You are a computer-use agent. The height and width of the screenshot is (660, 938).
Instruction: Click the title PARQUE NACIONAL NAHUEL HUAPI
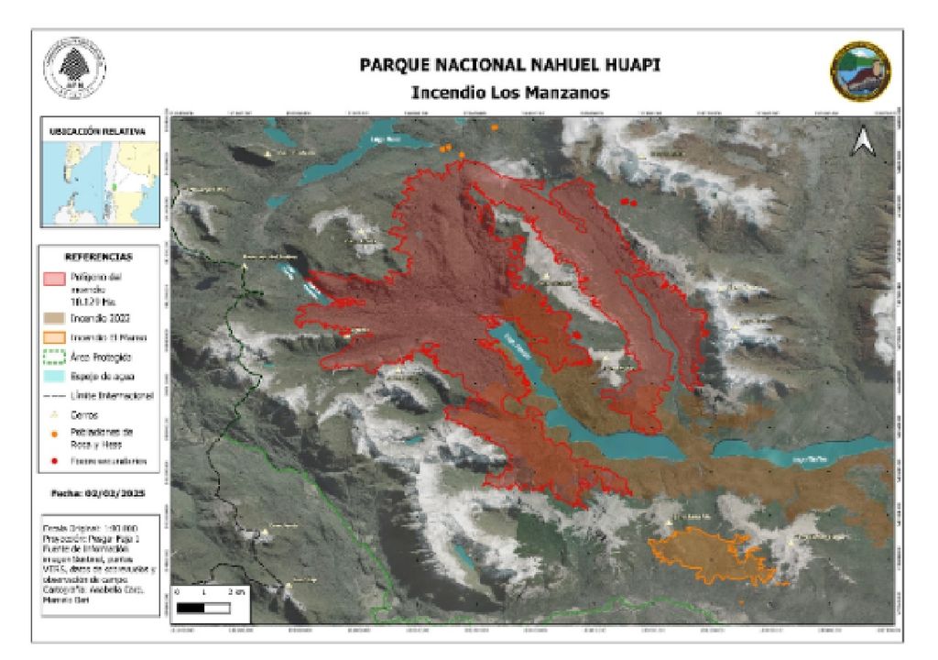(x=509, y=67)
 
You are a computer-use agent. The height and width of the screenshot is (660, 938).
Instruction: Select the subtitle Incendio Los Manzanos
(x=509, y=93)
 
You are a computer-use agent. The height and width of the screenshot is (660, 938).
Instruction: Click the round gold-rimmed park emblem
(x=860, y=71)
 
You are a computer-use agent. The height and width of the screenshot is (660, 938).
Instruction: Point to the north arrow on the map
(x=861, y=141)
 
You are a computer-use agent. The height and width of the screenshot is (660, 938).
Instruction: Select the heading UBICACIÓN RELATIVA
(x=97, y=132)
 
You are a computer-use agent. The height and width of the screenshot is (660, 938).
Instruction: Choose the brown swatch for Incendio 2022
(x=53, y=318)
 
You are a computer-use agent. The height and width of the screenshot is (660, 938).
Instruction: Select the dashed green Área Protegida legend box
(x=53, y=357)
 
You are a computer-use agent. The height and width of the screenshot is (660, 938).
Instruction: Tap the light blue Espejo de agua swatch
(x=53, y=376)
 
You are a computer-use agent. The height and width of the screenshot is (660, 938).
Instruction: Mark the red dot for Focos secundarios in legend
(x=54, y=460)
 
